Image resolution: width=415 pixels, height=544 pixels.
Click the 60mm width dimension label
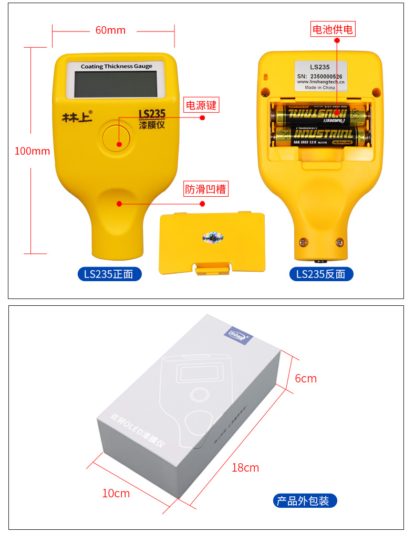pyautogui.click(x=110, y=30)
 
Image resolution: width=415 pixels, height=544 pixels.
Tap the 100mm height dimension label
pyautogui.click(x=32, y=151)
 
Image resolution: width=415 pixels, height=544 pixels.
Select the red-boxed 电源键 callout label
pyautogui.click(x=201, y=105)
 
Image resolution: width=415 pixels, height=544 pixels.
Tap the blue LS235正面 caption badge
pyautogui.click(x=109, y=274)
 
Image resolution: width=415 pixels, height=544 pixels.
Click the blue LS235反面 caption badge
pyautogui.click(x=321, y=274)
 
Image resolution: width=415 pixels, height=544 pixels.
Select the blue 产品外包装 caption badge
pyautogui.click(x=305, y=501)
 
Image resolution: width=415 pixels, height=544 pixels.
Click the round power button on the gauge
pyautogui.click(x=119, y=138)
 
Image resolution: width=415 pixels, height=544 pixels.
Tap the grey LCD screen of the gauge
pyautogui.click(x=116, y=84)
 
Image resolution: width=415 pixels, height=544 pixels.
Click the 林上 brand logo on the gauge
pyautogui.click(x=77, y=116)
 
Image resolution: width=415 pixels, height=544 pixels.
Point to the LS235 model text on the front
pyautogui.click(x=152, y=114)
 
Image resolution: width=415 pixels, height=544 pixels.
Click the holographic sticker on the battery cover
pyautogui.click(x=212, y=238)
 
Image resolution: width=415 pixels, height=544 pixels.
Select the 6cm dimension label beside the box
pyautogui.click(x=306, y=378)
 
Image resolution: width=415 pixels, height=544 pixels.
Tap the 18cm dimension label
pyautogui.click(x=245, y=467)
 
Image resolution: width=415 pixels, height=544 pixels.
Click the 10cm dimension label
pyautogui.click(x=116, y=493)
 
